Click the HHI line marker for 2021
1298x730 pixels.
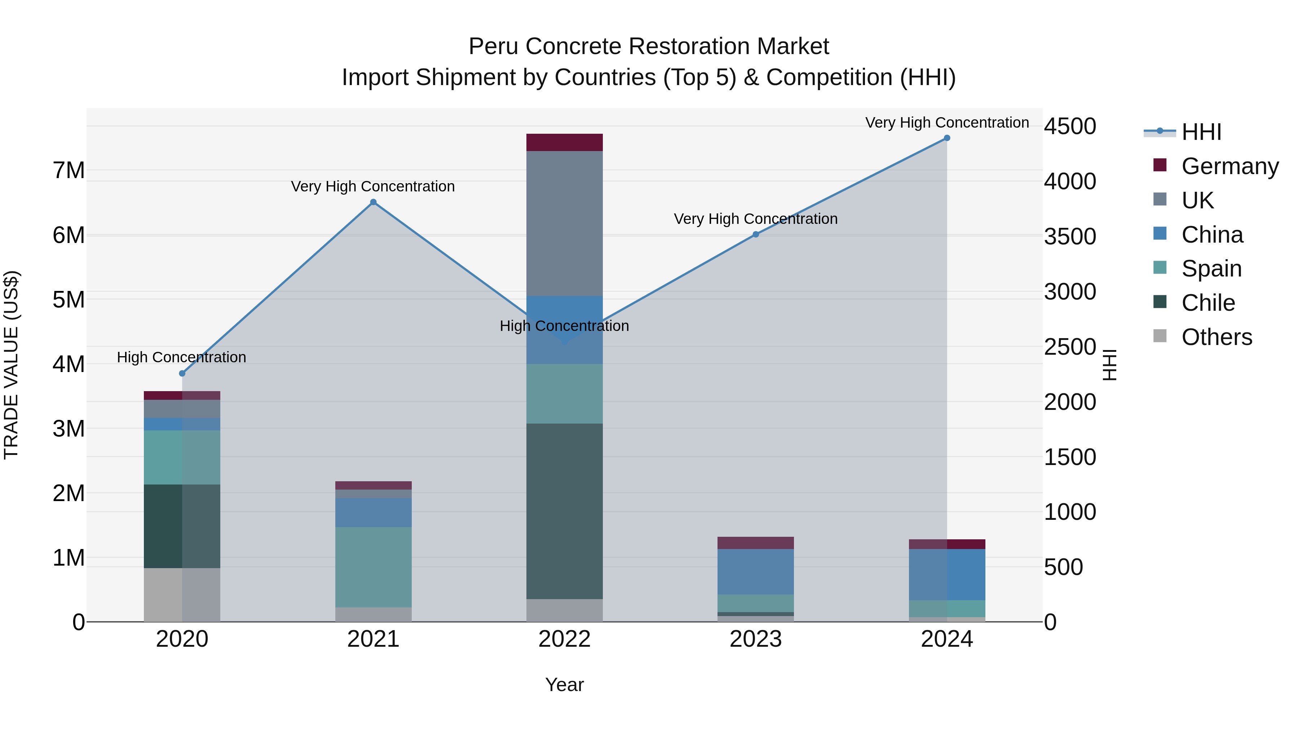click(x=374, y=202)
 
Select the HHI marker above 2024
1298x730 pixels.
click(x=947, y=138)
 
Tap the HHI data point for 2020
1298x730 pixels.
click(x=182, y=373)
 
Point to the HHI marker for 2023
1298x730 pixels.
click(x=756, y=234)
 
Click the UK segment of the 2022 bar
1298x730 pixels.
click(x=564, y=223)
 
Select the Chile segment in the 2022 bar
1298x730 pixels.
click(x=564, y=511)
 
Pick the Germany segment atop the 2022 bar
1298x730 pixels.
click(x=564, y=142)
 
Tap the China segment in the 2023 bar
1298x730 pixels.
click(x=756, y=571)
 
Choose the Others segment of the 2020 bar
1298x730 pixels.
click(x=182, y=594)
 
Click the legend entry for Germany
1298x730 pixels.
click(x=1229, y=166)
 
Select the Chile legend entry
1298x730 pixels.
click(x=1208, y=303)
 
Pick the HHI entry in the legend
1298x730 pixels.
click(x=1201, y=132)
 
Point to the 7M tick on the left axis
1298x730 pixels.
click(x=69, y=170)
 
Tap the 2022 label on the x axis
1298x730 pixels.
click(x=564, y=639)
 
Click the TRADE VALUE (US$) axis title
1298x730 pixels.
click(x=11, y=365)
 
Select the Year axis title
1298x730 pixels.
click(x=564, y=685)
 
